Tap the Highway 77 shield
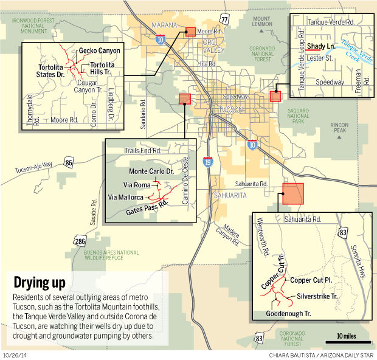click(x=225, y=21)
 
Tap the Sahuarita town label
click(x=228, y=195)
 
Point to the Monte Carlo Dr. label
click(x=152, y=171)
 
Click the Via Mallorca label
click(x=126, y=197)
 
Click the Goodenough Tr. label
click(x=289, y=314)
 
